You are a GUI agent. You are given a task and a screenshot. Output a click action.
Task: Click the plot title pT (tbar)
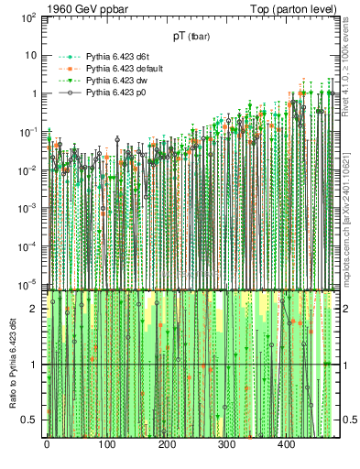pyautogui.click(x=194, y=37)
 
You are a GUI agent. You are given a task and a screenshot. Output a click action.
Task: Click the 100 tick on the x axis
pyautogui.click(x=106, y=445)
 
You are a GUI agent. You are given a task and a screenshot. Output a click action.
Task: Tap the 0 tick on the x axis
pyautogui.click(x=46, y=445)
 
